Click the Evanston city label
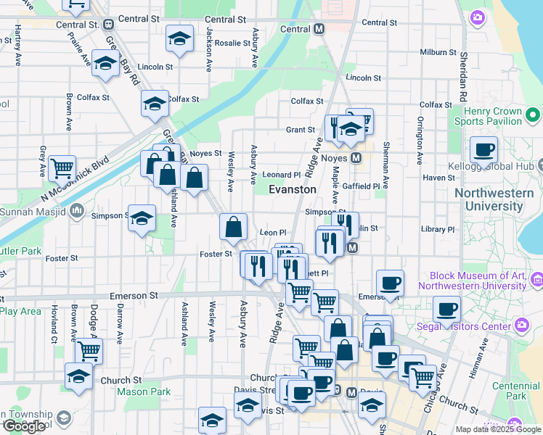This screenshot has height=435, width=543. pos(293,189)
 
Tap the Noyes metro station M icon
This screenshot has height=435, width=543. pos(356,157)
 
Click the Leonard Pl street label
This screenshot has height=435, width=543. pos(281,175)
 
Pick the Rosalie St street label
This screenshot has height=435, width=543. pos(232,43)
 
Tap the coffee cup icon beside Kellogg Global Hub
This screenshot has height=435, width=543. pos(483,150)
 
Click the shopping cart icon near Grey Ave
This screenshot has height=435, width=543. pos(62,168)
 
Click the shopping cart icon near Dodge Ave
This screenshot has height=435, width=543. pos(89,350)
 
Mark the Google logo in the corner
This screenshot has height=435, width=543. pos(23,426)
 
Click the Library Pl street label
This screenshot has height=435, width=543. pos(437,229)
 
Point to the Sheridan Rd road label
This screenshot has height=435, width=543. pos(462,80)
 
